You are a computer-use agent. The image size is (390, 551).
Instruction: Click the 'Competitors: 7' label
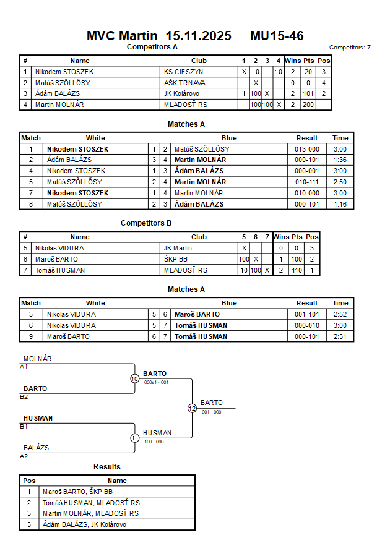coord(350,47)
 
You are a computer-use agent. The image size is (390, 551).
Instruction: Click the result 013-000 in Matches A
coord(307,149)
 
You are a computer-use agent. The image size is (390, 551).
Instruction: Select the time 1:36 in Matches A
coord(340,160)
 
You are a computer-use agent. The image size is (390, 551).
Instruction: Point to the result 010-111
coord(307,182)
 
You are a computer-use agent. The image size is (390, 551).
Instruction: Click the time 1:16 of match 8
coord(340,204)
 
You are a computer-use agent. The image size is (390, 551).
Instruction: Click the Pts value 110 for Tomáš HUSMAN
coord(297,270)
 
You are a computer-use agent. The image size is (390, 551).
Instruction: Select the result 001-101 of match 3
coord(307,314)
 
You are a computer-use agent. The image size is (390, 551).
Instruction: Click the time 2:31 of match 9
coord(340,336)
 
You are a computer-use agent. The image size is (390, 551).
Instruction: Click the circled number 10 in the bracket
coord(135,378)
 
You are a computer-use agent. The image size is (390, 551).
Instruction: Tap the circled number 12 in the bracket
coord(192,408)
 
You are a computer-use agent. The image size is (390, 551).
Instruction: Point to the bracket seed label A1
coord(24,366)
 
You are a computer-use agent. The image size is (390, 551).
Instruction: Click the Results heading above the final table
coord(107,467)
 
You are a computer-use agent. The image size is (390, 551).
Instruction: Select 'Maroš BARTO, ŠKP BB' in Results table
coord(77,492)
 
